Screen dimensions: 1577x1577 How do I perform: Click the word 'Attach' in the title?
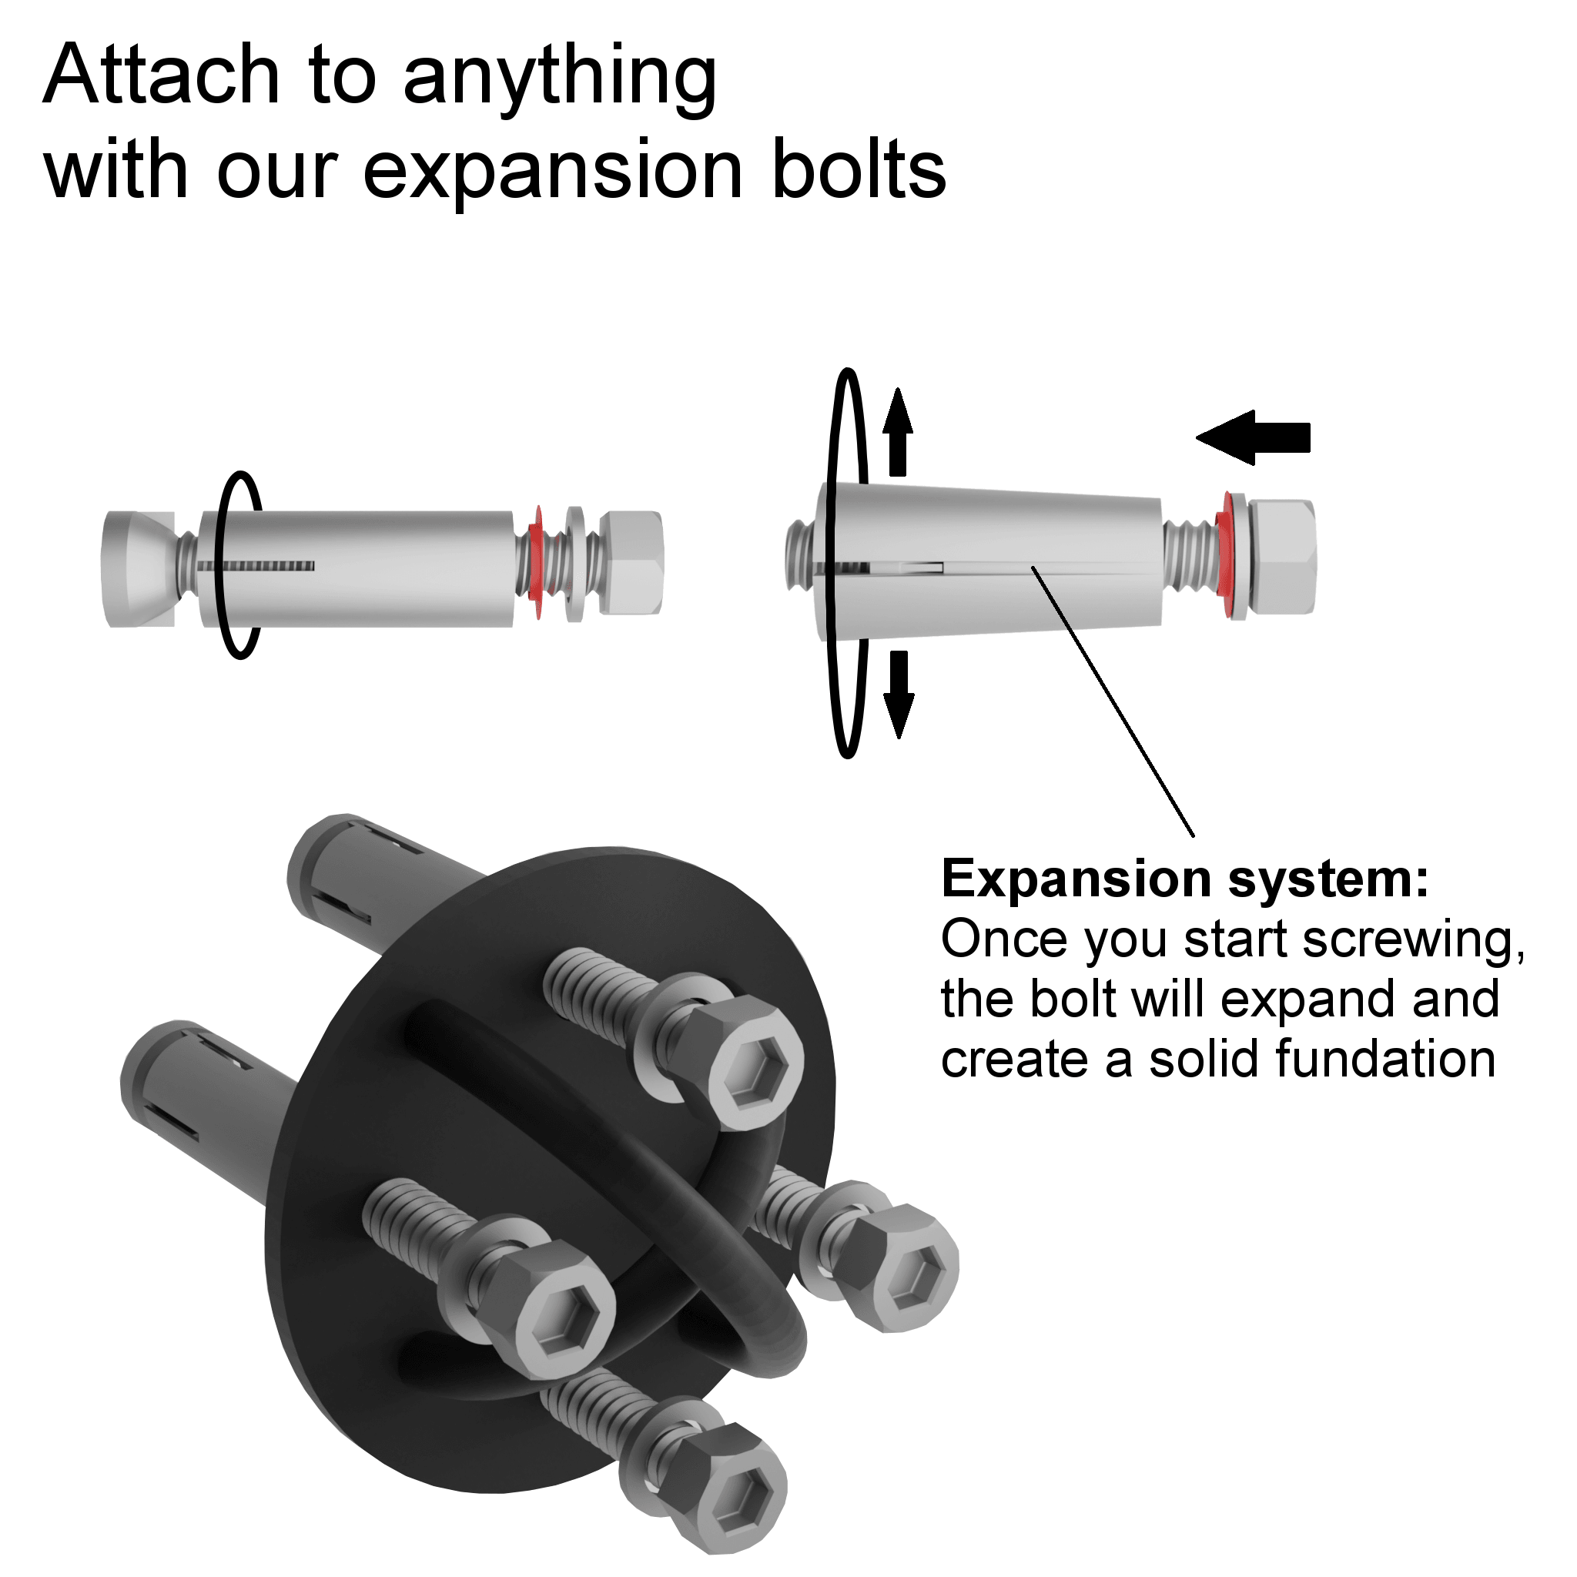pyautogui.click(x=162, y=75)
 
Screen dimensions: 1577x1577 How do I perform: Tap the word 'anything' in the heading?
pyautogui.click(x=560, y=80)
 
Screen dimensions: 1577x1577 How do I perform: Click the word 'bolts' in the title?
pyautogui.click(x=859, y=168)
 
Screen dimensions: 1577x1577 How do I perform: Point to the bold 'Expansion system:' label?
pyautogui.click(x=1184, y=879)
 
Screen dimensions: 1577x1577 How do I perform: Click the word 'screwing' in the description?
pyautogui.click(x=1414, y=941)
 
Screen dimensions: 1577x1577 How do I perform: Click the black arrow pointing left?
pyautogui.click(x=1253, y=437)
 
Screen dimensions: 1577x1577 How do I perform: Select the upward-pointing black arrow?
pyautogui.click(x=898, y=432)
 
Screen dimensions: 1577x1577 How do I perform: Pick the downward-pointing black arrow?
pyautogui.click(x=899, y=695)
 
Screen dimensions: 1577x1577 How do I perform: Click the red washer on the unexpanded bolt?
pyautogui.click(x=535, y=562)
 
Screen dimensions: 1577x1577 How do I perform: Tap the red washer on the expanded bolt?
pyautogui.click(x=1224, y=555)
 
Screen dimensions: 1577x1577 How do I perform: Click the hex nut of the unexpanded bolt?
pyautogui.click(x=631, y=562)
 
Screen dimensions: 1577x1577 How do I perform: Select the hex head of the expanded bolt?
pyautogui.click(x=1281, y=556)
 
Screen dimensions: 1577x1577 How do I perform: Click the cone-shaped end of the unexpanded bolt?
pyautogui.click(x=139, y=569)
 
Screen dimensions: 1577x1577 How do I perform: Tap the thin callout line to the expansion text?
pyautogui.click(x=1113, y=701)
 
